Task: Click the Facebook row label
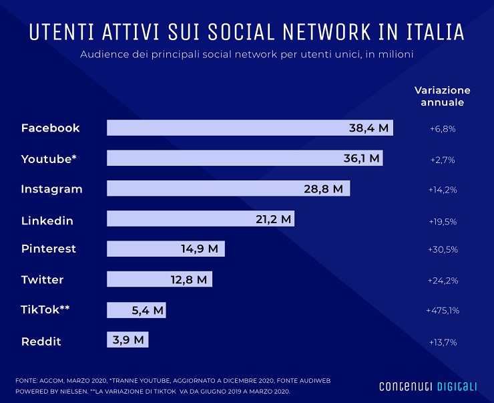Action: [50, 128]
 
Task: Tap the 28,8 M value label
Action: [323, 189]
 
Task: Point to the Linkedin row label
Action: [47, 221]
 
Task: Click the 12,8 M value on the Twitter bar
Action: [189, 280]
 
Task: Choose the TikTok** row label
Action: [45, 310]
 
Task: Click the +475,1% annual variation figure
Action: [442, 310]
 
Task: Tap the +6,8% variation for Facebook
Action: [442, 128]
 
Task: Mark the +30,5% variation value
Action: [442, 249]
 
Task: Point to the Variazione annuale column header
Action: [442, 96]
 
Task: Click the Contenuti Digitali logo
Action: [428, 386]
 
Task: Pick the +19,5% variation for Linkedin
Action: [442, 221]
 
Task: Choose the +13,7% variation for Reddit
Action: [442, 342]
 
